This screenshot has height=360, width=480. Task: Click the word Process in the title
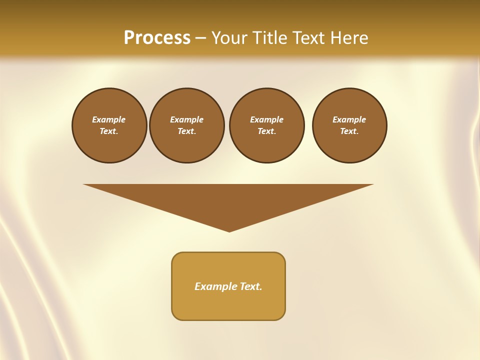click(x=157, y=38)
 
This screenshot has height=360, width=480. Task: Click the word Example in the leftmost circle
click(x=109, y=119)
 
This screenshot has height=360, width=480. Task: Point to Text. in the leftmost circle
click(x=109, y=131)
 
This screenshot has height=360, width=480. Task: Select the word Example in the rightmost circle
click(x=349, y=119)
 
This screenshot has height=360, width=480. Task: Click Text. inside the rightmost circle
click(x=349, y=131)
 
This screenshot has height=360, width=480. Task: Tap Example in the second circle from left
click(x=187, y=119)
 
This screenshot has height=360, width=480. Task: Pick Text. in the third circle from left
click(x=267, y=131)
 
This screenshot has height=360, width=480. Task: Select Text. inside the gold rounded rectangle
click(x=251, y=286)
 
